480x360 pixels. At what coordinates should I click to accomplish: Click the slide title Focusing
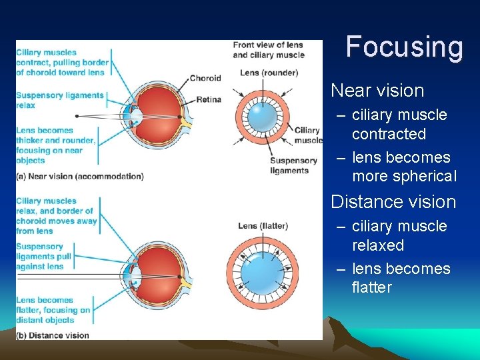[404, 47]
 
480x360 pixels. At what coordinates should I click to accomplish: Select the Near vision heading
[377, 91]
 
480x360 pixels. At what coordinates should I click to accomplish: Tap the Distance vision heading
[393, 202]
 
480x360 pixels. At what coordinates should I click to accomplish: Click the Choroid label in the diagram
[205, 78]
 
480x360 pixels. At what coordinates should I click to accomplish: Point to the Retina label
[209, 100]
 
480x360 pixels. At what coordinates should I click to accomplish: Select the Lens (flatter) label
[263, 226]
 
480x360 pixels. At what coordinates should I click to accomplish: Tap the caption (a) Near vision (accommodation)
[79, 177]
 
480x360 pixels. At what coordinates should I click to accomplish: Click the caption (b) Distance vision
[53, 335]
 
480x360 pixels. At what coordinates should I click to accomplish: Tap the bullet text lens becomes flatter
[401, 278]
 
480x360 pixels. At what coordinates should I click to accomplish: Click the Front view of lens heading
[268, 50]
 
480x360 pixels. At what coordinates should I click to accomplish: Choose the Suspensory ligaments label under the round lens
[293, 165]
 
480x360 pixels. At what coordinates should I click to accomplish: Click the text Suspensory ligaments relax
[60, 100]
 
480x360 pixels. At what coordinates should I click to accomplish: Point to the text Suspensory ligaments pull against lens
[40, 256]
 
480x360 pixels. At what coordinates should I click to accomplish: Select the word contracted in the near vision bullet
[389, 134]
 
